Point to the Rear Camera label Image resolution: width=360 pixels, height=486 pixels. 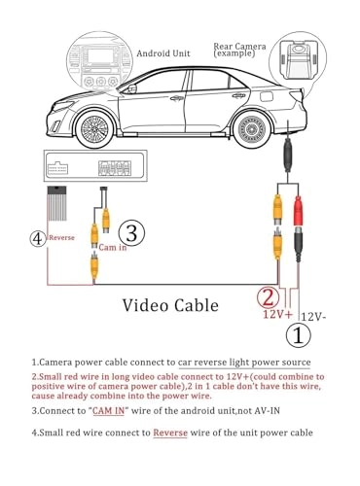[240, 50]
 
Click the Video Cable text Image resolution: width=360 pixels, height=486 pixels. [172, 304]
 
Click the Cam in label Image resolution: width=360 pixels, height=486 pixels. [114, 247]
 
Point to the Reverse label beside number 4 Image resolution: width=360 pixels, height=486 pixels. [62, 237]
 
